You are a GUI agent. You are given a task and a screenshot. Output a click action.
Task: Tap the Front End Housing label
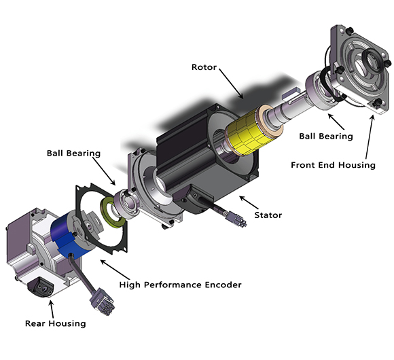pos(333,164)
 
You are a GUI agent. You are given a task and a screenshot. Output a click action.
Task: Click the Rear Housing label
pos(56,323)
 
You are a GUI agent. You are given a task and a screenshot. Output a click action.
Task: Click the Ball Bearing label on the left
pos(73,153)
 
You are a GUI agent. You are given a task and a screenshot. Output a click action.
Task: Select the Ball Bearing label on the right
pos(327,136)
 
